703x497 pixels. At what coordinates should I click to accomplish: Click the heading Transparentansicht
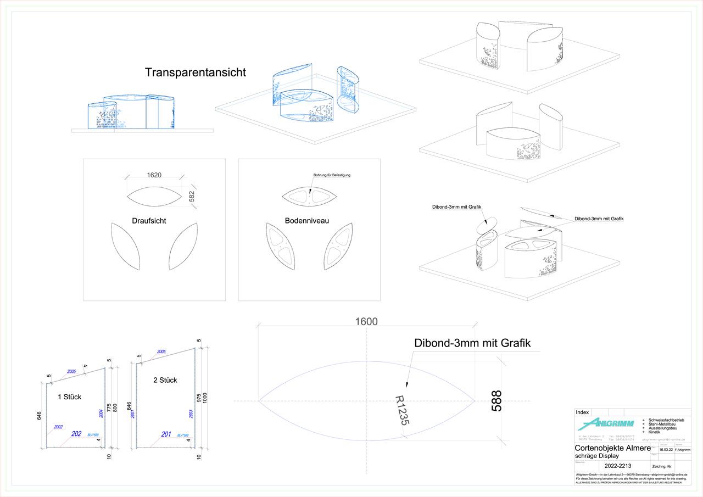196,72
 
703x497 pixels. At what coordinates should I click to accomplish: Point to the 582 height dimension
192,197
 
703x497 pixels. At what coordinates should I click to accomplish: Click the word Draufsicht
149,221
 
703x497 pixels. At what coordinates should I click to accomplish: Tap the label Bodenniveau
307,221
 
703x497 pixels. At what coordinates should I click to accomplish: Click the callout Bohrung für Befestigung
328,175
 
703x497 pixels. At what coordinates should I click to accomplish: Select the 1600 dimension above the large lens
366,322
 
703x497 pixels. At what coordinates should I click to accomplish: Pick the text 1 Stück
69,397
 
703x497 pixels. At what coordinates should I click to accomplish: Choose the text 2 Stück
165,380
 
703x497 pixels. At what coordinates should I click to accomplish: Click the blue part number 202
76,434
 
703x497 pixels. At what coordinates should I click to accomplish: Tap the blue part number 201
166,434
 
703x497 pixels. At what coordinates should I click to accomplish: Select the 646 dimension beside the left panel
40,415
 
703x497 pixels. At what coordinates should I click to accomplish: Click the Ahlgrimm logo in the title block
606,423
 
